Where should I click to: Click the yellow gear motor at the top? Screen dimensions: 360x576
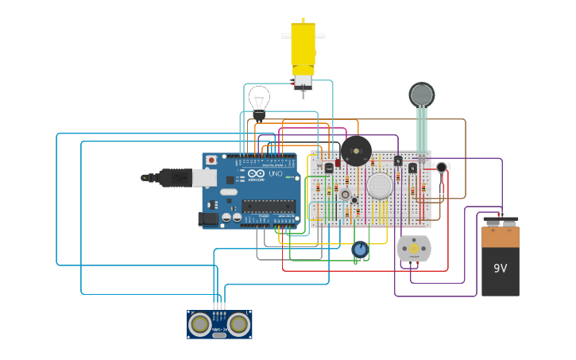pyautogui.click(x=303, y=48)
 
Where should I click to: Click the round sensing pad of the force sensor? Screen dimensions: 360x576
pyautogui.click(x=422, y=95)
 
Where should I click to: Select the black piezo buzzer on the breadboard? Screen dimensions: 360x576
pyautogui.click(x=355, y=151)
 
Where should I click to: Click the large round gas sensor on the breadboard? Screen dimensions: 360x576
pyautogui.click(x=380, y=186)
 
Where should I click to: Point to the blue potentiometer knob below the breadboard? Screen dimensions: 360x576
pyautogui.click(x=360, y=250)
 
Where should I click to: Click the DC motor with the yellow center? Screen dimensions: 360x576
pyautogui.click(x=414, y=249)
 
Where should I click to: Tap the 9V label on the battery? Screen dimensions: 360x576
pyautogui.click(x=500, y=269)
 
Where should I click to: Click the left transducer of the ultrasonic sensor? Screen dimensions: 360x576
pyautogui.click(x=200, y=323)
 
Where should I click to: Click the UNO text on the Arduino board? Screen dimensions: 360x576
pyautogui.click(x=274, y=173)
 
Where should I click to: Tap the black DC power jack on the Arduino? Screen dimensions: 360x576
pyautogui.click(x=209, y=218)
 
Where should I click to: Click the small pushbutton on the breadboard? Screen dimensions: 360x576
pyautogui.click(x=345, y=194)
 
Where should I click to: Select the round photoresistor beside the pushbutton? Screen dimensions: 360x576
pyautogui.click(x=354, y=200)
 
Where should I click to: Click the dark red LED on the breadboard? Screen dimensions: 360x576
pyautogui.click(x=338, y=163)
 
